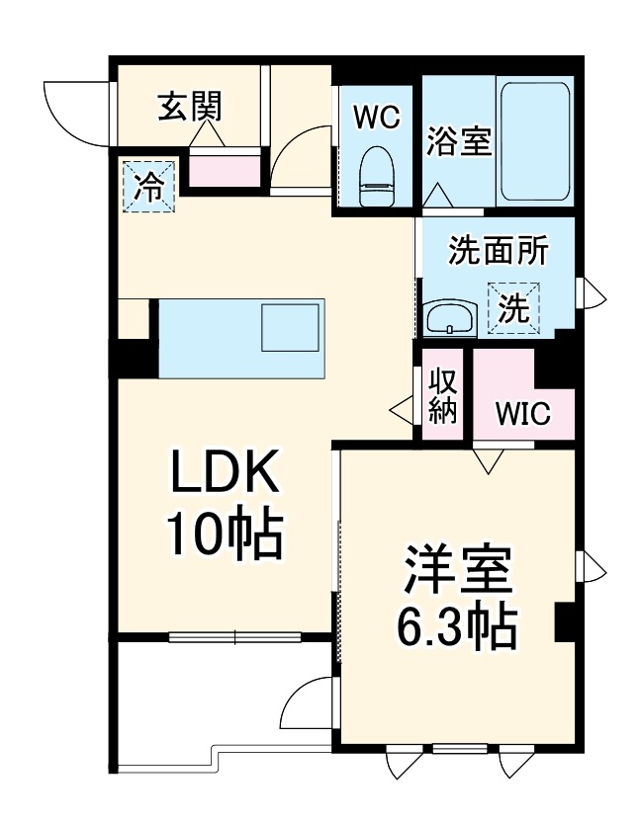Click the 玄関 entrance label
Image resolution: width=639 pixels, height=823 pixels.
click(190, 106)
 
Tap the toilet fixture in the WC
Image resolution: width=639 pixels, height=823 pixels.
click(377, 177)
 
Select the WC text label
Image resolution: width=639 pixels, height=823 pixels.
click(377, 117)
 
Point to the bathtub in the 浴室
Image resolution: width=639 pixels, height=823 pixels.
click(534, 140)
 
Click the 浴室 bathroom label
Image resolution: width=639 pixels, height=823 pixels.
click(459, 140)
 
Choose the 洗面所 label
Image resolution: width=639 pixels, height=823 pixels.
click(498, 251)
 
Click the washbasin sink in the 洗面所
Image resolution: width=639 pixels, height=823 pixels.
click(450, 318)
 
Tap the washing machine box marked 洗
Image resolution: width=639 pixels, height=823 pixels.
click(514, 308)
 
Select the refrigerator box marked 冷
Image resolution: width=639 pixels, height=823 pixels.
click(148, 187)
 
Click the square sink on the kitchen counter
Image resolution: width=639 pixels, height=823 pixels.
click(290, 328)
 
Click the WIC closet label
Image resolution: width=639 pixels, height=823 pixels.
click(523, 414)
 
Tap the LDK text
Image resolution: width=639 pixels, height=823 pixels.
click(224, 470)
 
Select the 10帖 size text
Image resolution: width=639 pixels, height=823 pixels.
click(225, 533)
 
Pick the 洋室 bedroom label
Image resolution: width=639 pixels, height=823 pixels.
click(458, 569)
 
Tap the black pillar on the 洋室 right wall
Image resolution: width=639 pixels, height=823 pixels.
click(565, 621)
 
